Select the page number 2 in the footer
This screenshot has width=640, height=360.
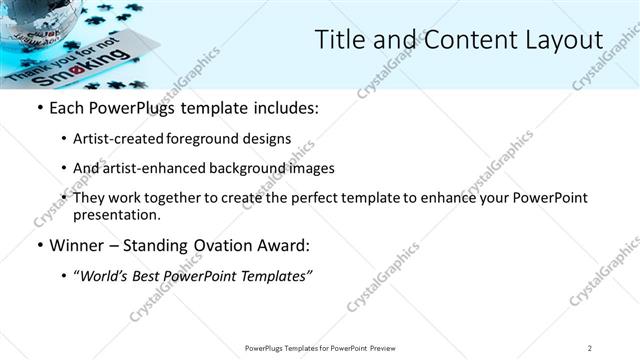coord(589,348)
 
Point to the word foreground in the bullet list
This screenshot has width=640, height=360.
coord(218,138)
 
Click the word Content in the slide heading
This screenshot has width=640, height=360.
coord(452,40)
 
